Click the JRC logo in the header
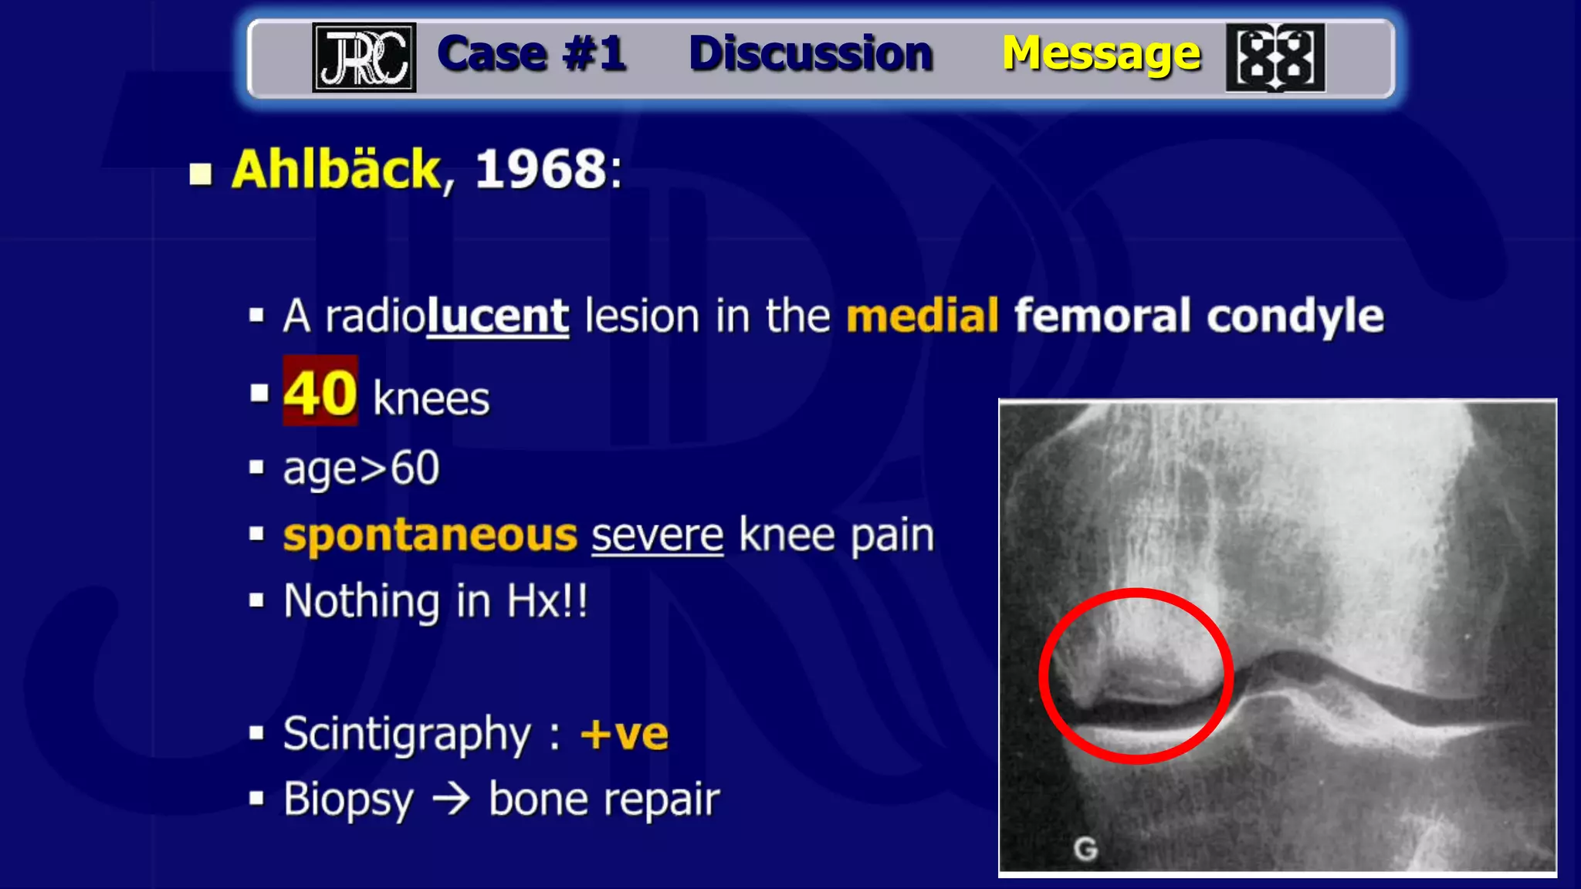(x=364, y=57)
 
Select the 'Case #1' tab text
(x=531, y=54)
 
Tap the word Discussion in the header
(x=811, y=54)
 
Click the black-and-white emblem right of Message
(x=1275, y=58)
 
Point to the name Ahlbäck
(x=337, y=169)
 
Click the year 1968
(x=541, y=169)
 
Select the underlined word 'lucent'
(x=498, y=316)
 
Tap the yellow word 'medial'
(x=923, y=316)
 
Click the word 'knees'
(x=431, y=398)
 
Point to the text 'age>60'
(x=361, y=468)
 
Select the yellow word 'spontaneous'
(x=430, y=536)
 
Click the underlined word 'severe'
(x=657, y=536)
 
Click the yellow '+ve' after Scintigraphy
(x=625, y=733)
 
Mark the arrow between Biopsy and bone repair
(x=452, y=799)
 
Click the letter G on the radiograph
(x=1085, y=849)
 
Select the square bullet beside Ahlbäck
(x=201, y=174)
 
